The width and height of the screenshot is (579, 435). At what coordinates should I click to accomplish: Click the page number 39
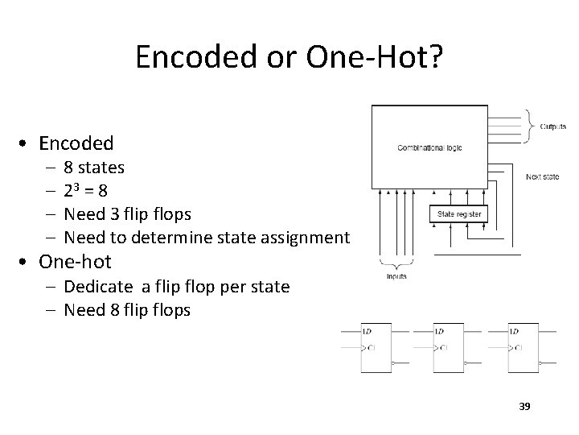tap(524, 406)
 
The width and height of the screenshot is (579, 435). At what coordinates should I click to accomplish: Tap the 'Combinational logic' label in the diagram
tap(429, 147)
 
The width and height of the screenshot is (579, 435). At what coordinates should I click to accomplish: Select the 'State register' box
tap(459, 214)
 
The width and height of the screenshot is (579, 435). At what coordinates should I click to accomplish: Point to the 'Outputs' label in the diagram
tap(552, 126)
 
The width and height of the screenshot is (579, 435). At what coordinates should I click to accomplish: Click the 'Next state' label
tap(544, 176)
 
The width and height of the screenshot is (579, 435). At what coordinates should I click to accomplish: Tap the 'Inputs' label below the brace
tap(396, 276)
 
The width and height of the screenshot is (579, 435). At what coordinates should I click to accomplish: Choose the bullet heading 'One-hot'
tap(75, 262)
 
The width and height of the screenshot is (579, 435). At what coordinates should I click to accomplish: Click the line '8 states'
tap(93, 168)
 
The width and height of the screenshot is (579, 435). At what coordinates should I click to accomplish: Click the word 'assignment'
tap(309, 238)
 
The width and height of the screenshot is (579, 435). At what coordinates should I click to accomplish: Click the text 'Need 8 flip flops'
tap(127, 309)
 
